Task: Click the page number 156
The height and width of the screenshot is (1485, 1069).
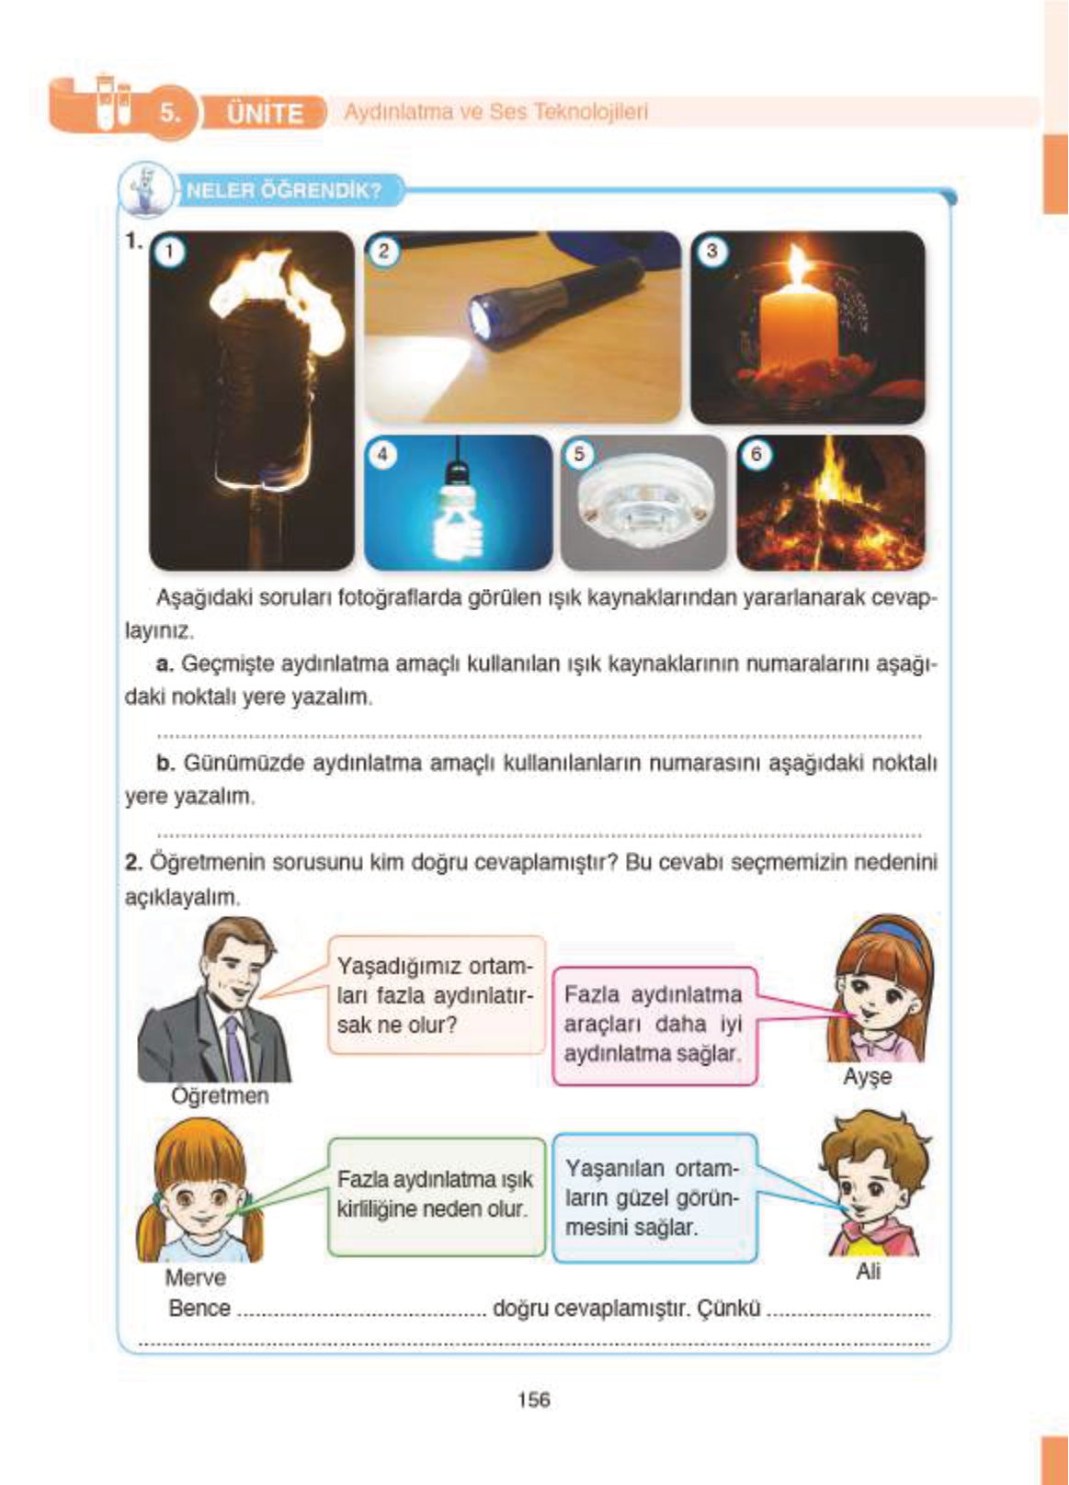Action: pyautogui.click(x=533, y=1400)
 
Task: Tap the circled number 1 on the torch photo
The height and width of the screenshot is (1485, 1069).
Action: pyautogui.click(x=170, y=252)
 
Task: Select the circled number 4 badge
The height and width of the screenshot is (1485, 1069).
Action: pyautogui.click(x=382, y=454)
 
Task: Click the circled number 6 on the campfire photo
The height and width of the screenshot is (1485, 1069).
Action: pyautogui.click(x=756, y=454)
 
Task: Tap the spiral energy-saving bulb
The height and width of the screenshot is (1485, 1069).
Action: pyautogui.click(x=457, y=524)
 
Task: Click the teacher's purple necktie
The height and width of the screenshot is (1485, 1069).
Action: pyautogui.click(x=236, y=1049)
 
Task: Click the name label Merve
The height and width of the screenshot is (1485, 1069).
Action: pyautogui.click(x=195, y=1277)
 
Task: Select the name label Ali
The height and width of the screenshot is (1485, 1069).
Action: pyautogui.click(x=868, y=1271)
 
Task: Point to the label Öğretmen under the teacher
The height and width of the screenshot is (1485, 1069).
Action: pyautogui.click(x=220, y=1095)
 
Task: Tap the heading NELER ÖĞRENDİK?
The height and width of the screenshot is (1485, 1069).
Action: pyautogui.click(x=283, y=191)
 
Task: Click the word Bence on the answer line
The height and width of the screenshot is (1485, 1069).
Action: pyautogui.click(x=199, y=1308)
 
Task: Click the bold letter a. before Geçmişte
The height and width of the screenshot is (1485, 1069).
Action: pyautogui.click(x=165, y=663)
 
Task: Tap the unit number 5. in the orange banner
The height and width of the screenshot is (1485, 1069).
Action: pyautogui.click(x=171, y=113)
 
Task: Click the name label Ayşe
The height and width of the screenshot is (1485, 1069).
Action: pyautogui.click(x=867, y=1076)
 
